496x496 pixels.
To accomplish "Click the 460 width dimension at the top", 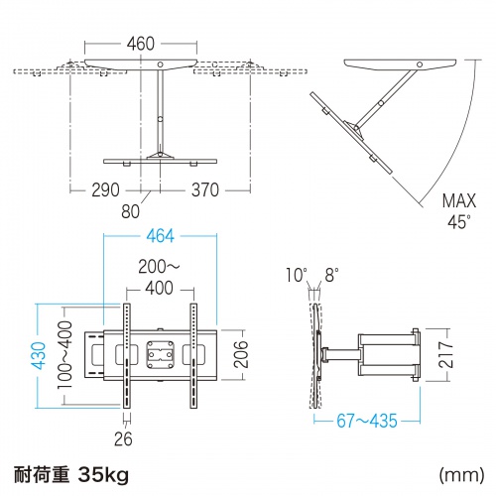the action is [141, 44].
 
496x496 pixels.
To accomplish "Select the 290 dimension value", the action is [105, 189].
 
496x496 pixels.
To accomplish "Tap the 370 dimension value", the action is [205, 189].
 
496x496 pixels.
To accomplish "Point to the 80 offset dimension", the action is [130, 211].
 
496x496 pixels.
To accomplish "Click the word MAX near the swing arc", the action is [459, 200].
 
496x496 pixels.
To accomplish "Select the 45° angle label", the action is [459, 222].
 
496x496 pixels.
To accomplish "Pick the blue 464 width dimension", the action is [161, 236].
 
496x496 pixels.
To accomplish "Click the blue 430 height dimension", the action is [39, 355].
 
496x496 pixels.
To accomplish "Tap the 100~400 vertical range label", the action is [64, 355].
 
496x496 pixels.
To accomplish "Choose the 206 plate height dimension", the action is [241, 354].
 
